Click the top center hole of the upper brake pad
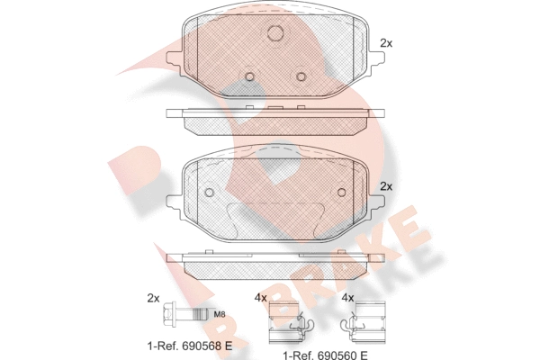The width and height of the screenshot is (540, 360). (276, 33)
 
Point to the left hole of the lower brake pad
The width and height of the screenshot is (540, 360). (210, 193)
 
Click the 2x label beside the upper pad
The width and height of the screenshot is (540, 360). (387, 43)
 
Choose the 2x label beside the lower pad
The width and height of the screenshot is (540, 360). (387, 186)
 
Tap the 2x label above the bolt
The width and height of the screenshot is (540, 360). (153, 298)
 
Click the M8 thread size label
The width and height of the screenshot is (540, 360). (220, 314)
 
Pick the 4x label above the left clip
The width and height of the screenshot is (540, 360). (261, 298)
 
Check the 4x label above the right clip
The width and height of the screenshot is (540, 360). (348, 298)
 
